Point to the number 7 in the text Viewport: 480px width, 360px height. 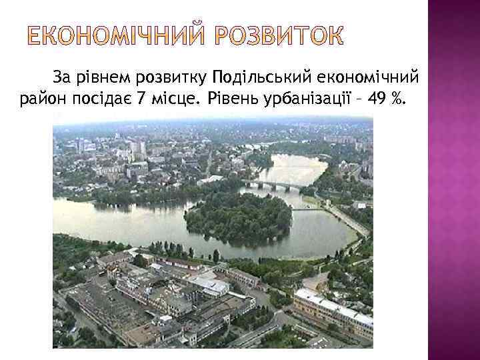point(139,101)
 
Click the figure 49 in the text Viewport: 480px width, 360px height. point(377,101)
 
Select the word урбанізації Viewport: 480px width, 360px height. point(306,101)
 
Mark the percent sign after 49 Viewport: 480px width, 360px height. point(398,101)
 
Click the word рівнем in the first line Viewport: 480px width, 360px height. point(107,80)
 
